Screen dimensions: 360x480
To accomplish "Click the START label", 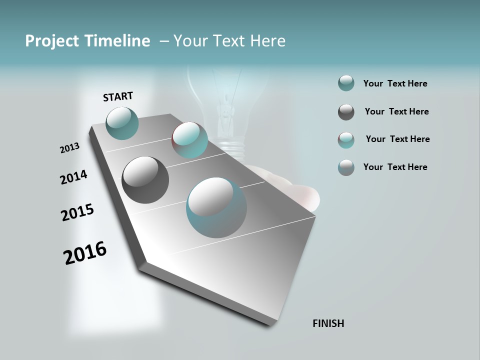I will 118,96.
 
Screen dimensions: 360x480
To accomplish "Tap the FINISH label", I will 328,323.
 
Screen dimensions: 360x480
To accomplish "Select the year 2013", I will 69,148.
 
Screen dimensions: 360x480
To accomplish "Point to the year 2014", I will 73,177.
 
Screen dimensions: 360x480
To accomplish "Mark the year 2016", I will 85,252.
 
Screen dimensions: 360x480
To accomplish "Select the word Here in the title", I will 267,41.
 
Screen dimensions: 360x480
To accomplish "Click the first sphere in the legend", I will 346,83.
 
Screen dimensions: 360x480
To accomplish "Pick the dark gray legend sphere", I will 346,112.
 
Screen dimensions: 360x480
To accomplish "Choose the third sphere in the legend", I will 346,140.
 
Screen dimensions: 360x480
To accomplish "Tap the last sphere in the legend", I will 346,167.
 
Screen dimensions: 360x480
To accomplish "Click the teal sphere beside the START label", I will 122,123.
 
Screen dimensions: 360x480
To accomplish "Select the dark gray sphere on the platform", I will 145,180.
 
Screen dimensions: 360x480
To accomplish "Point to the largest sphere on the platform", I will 216,207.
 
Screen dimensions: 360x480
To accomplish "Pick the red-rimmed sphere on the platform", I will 190,140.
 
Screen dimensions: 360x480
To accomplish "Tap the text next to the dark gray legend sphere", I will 396,111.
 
